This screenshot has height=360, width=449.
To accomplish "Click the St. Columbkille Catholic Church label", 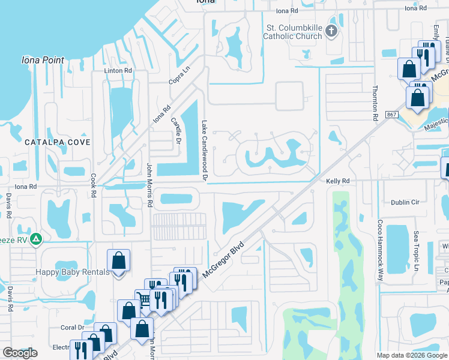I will (x=294, y=32).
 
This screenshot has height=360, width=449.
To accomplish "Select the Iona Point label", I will (x=43, y=60).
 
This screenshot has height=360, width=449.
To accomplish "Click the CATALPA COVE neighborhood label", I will (x=58, y=142).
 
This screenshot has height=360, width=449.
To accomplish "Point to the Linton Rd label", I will (x=118, y=71).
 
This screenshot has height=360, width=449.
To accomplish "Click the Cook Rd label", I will (x=94, y=186).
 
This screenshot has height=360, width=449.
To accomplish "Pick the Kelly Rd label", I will (x=337, y=181).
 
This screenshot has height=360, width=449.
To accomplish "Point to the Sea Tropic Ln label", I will (x=415, y=251).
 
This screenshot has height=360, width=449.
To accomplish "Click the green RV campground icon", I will (x=36, y=239).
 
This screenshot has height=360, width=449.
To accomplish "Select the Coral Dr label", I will (x=72, y=328).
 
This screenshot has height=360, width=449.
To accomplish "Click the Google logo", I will (x=20, y=353).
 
